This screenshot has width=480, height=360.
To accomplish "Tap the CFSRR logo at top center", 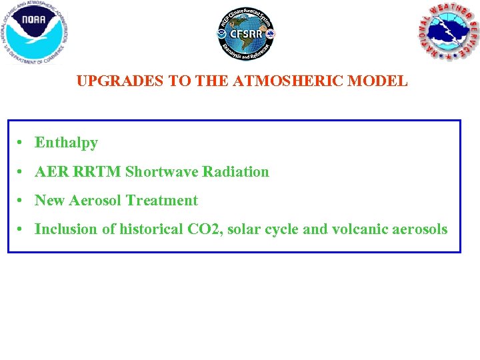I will click(246, 34).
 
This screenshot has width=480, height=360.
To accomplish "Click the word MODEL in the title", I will click(382, 81).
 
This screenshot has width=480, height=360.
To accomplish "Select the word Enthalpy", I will click(66, 143).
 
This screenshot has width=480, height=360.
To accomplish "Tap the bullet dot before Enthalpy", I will click(22, 143).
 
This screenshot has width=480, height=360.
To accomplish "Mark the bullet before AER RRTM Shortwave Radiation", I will click(22, 172).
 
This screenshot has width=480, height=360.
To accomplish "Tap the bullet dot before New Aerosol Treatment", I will click(22, 201).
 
